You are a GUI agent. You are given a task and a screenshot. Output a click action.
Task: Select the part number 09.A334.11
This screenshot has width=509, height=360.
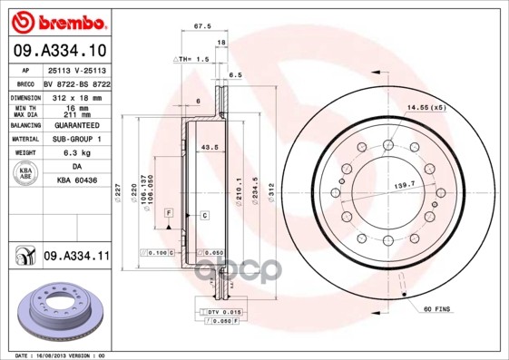tap(77, 258)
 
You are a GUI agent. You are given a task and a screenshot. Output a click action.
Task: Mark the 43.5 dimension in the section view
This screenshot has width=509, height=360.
tap(209, 147)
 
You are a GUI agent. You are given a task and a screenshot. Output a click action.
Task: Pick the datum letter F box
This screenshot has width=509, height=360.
tap(169, 212)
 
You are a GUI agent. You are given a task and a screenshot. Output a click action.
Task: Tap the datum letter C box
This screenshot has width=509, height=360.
tap(205, 215)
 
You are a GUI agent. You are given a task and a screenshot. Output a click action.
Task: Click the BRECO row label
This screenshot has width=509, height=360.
tap(25, 83)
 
